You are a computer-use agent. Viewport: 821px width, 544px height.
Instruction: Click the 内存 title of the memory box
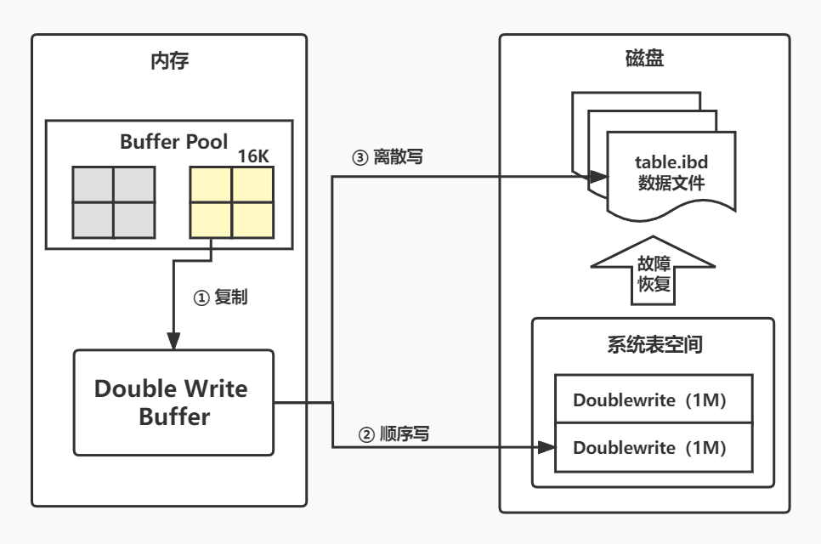click(170, 60)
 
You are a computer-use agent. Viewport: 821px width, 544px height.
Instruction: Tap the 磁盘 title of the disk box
click(644, 58)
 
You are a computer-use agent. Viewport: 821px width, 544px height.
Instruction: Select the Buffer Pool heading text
click(174, 141)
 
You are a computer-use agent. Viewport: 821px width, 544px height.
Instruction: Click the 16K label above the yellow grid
click(253, 156)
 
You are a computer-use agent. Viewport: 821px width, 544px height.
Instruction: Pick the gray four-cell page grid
click(114, 202)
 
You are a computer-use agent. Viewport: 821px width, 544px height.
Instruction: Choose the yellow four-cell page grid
click(231, 202)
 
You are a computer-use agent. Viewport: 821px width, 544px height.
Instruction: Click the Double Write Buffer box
click(174, 403)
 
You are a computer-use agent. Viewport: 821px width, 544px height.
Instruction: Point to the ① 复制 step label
click(220, 297)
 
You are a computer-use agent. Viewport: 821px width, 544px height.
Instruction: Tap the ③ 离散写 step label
click(388, 156)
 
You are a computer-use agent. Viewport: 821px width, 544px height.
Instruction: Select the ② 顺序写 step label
click(394, 434)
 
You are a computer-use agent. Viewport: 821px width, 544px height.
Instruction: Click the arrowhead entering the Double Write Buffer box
click(173, 341)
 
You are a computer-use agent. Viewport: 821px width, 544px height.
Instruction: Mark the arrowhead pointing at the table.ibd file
click(597, 177)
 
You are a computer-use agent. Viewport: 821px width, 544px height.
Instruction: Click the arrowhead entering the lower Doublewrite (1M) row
click(546, 447)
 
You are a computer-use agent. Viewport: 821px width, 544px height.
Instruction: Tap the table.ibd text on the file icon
click(671, 161)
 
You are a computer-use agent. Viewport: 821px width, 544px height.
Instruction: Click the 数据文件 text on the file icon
click(671, 183)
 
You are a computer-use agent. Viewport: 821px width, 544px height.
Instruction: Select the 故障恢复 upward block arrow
click(653, 271)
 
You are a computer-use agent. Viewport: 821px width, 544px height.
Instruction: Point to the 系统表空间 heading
click(654, 344)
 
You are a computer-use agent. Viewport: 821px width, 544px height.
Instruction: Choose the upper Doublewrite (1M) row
click(654, 399)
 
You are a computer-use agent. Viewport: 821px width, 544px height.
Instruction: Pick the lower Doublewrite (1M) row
click(654, 448)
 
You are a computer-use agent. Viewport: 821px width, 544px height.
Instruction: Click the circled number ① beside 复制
click(201, 297)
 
